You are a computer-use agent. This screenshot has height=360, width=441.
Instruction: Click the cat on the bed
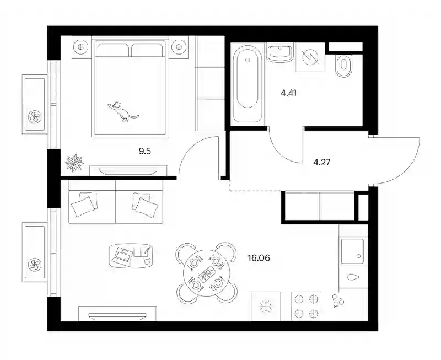pos(122,111)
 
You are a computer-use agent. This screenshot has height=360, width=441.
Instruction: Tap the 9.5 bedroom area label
pos(145,151)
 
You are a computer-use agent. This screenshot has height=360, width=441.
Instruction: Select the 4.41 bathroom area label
pos(288,93)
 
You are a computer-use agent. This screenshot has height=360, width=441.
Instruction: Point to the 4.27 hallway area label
pos(322,162)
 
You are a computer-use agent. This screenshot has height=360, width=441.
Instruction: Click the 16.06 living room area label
pos(259,257)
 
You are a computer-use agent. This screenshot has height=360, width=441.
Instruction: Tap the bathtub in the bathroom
pos(248,84)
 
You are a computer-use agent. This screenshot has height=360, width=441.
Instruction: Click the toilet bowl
pos(344,66)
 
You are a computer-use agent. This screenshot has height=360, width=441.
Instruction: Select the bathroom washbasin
pos(280,53)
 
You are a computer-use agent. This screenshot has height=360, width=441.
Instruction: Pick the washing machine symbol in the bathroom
pos(310,57)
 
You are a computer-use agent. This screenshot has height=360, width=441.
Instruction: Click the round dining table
pos(207,272)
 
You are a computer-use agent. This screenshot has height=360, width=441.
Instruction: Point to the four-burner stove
pos(306,306)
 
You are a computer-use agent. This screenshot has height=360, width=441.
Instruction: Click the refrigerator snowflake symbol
pos(265,307)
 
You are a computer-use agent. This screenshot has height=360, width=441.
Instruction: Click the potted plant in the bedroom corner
pos(74,163)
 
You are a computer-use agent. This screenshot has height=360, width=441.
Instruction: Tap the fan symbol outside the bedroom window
pos(35,116)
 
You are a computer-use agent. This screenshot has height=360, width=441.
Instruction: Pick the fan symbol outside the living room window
pos(35,265)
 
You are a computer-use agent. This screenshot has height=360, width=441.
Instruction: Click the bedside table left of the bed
pos(82,47)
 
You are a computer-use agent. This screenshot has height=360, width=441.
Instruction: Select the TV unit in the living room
pos(117,314)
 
